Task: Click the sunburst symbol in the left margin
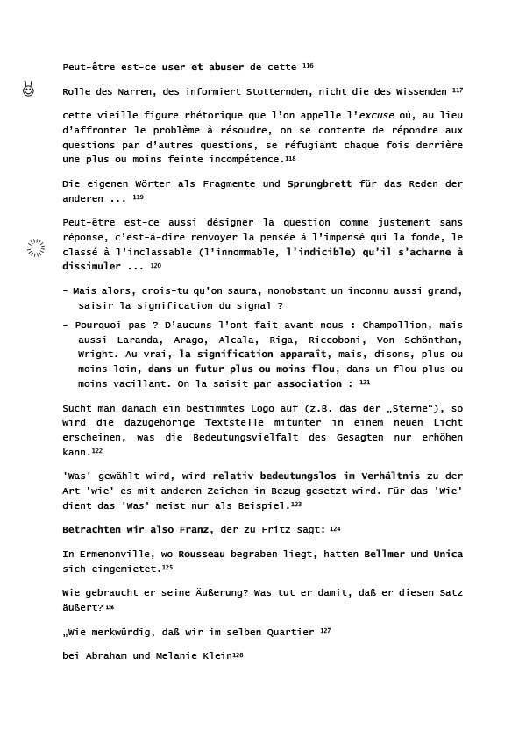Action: pyautogui.click(x=35, y=248)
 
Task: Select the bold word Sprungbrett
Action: pyautogui.click(x=319, y=184)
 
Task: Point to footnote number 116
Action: pyautogui.click(x=308, y=66)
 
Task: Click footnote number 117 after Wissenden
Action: pyautogui.click(x=458, y=90)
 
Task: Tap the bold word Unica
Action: pyautogui.click(x=448, y=555)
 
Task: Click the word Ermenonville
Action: pyautogui.click(x=114, y=555)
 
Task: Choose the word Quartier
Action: pyautogui.click(x=290, y=632)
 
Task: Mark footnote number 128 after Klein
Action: pyautogui.click(x=238, y=655)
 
